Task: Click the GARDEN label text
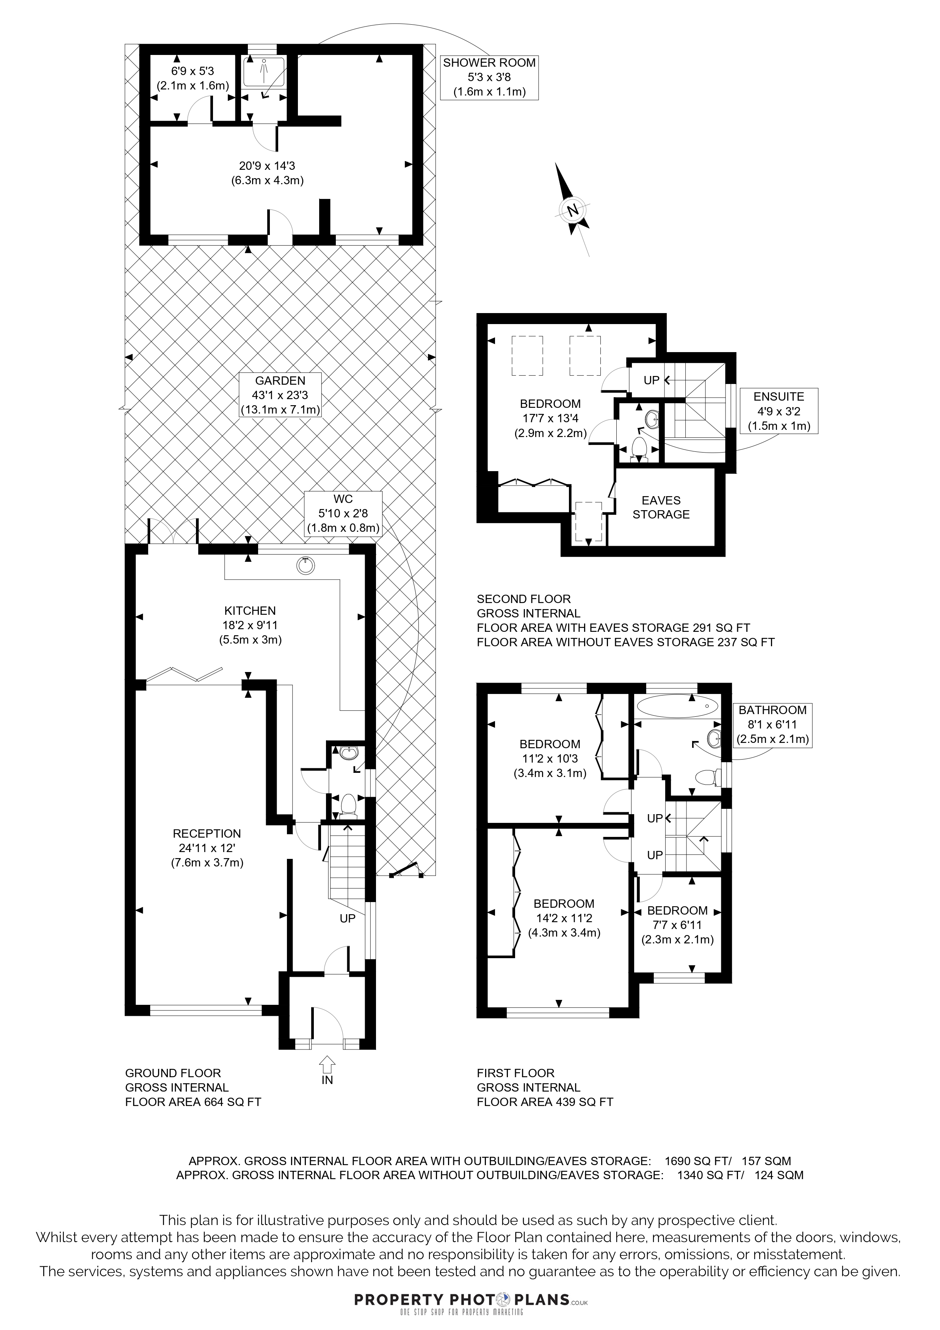tap(280, 381)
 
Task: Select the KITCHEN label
tap(250, 611)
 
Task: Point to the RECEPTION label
tap(207, 833)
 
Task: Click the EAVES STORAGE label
tap(661, 508)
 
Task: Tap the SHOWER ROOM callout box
tap(489, 77)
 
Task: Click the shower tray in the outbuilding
tap(263, 72)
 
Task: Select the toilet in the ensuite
tap(639, 449)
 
